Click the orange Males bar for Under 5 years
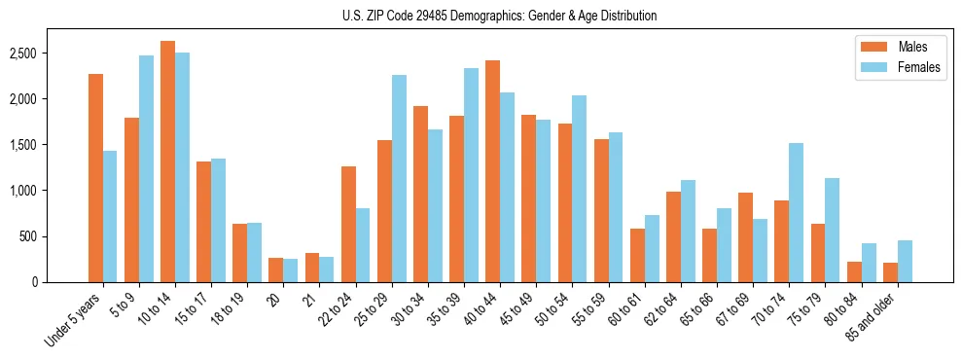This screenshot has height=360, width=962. coord(95,178)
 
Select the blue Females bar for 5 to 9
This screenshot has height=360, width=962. coord(146,169)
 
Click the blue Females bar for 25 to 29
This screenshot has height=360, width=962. coord(399,179)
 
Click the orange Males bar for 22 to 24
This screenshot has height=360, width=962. coord(348,225)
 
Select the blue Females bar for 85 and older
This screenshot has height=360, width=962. coord(905,262)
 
